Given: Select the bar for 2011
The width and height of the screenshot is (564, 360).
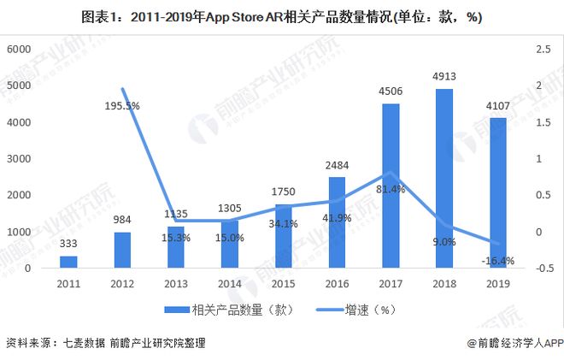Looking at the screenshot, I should pos(68,262).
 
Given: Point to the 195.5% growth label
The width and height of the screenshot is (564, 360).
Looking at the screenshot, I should pos(123,105).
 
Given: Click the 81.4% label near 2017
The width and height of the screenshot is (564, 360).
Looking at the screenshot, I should pos(389,188).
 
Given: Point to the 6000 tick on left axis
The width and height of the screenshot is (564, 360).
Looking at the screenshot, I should pos(19,50).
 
